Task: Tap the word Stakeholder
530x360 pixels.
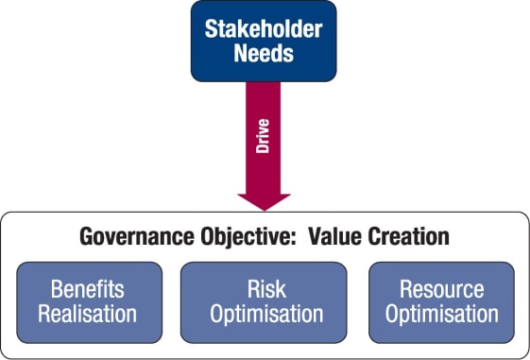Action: pos(264,27)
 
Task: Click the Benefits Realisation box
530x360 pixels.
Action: pos(88,300)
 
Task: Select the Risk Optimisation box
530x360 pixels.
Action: pos(264,300)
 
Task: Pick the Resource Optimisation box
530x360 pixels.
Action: pos(441,300)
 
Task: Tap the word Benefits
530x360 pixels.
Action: pos(88,288)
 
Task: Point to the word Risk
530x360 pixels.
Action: pos(264,288)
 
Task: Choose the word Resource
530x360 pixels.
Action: pos(441,288)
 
